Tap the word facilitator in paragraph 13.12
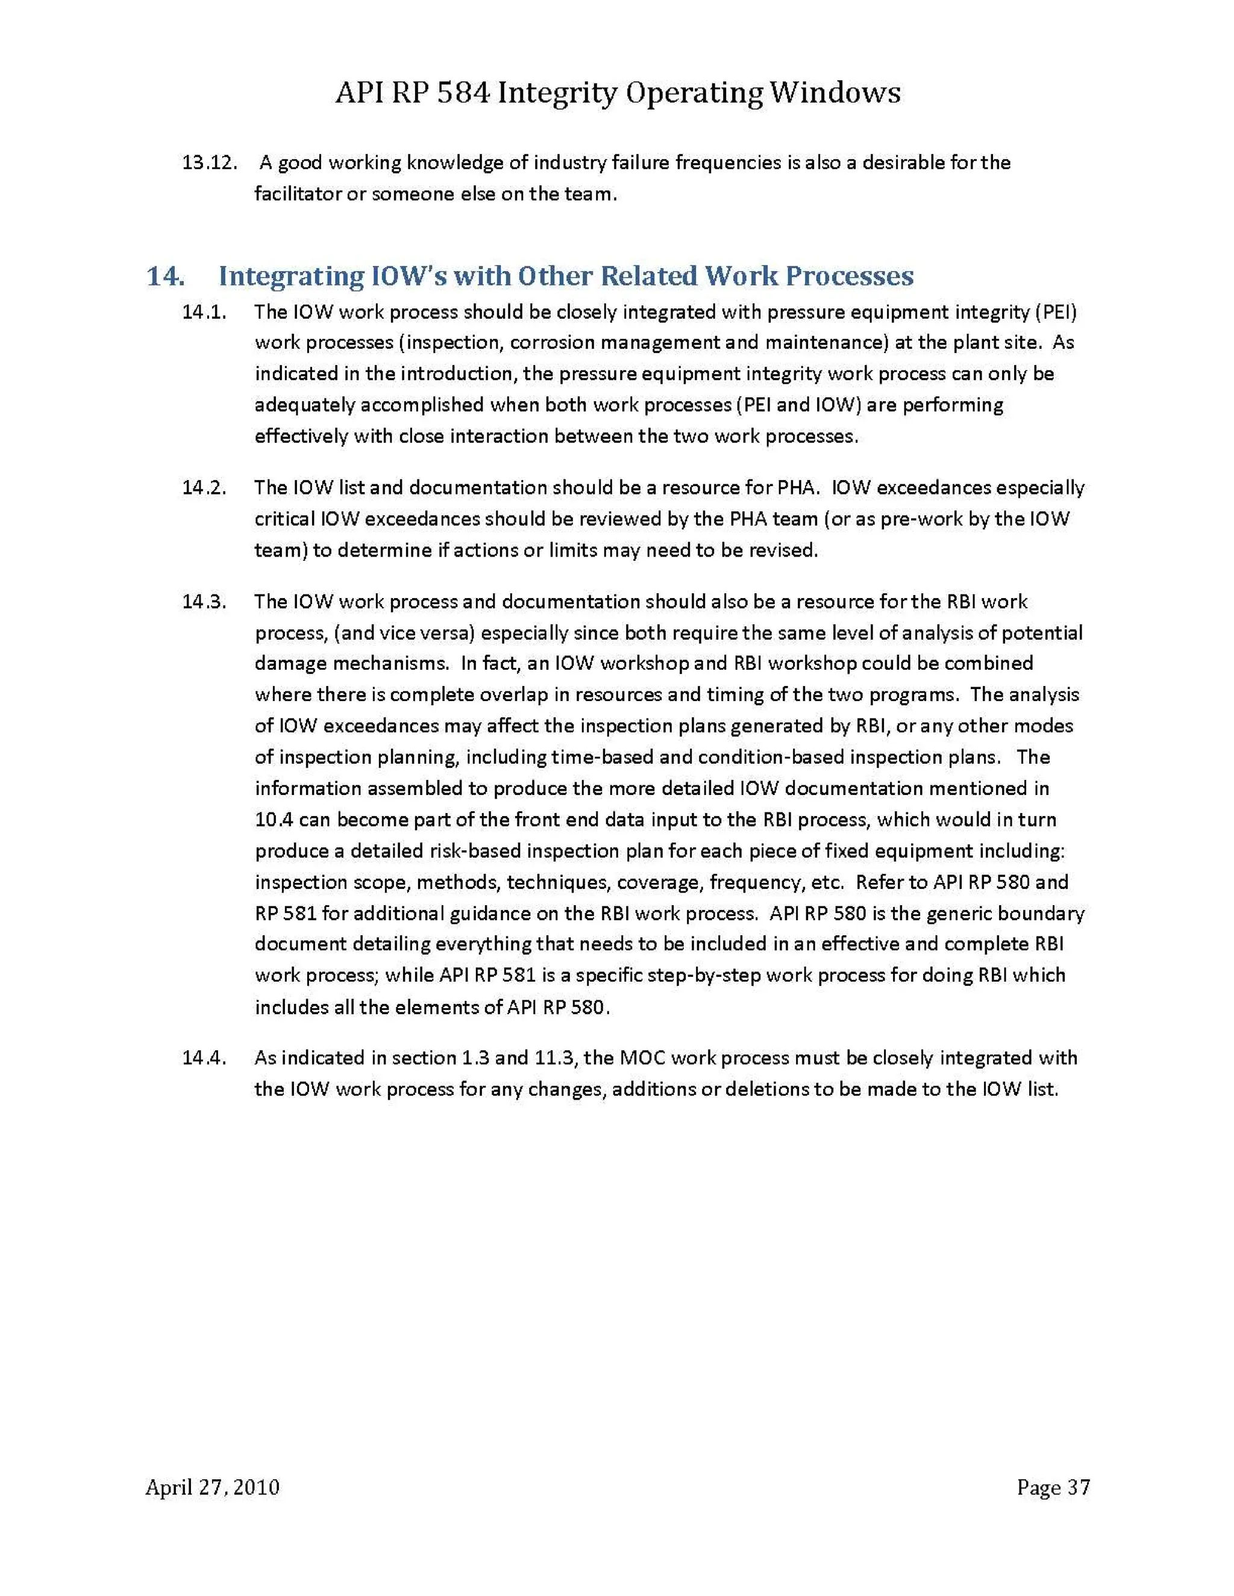298,195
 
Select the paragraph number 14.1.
204,312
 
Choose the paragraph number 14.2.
204,487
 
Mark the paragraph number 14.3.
204,602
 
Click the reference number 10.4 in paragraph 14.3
274,819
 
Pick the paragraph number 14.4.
204,1058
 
